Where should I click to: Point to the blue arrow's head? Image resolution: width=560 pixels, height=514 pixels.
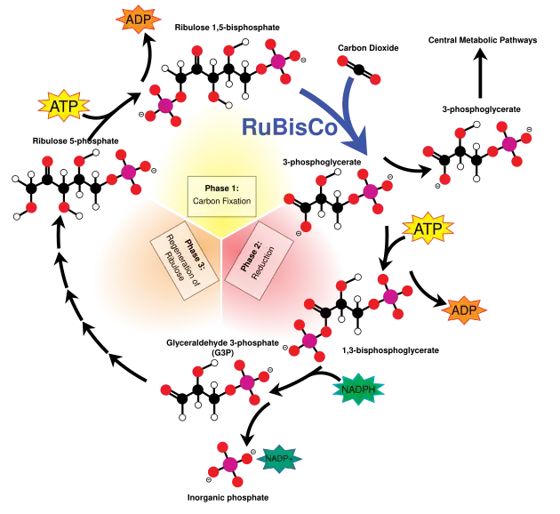(x=360, y=141)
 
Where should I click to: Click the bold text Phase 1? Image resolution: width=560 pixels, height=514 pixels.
(x=221, y=188)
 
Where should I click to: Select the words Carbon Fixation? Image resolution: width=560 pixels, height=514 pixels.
(x=221, y=202)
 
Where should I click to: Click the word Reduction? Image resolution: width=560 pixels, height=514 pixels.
(x=260, y=264)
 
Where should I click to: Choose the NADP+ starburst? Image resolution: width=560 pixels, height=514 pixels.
(x=278, y=459)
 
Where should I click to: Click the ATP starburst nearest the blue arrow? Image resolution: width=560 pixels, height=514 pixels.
(x=428, y=229)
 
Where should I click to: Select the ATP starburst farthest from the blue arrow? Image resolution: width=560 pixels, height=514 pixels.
(x=64, y=107)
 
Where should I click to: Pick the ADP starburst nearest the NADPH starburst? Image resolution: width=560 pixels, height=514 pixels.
(x=464, y=310)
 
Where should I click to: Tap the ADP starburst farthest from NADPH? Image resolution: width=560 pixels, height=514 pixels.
(x=138, y=19)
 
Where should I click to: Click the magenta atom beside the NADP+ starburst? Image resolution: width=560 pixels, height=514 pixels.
(x=230, y=464)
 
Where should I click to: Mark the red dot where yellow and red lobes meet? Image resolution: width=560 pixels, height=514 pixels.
(x=289, y=197)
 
